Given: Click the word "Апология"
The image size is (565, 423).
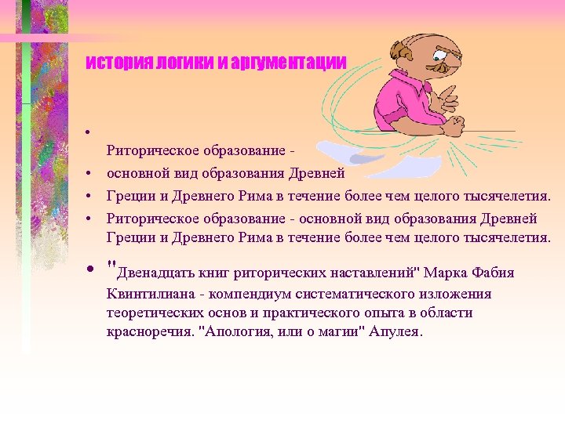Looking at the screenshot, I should [237, 331].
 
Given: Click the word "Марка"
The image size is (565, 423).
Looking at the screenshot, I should [448, 273].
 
